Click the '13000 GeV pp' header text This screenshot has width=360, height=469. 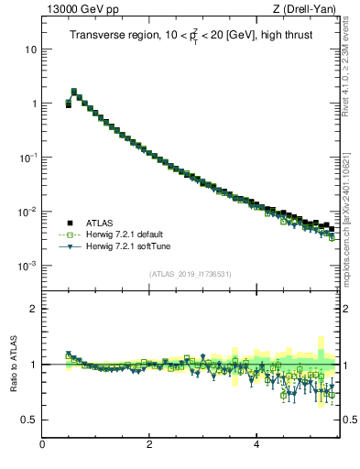coord(78,10)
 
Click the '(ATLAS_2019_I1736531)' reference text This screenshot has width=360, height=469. coord(191,274)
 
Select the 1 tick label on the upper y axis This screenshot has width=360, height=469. coord(34,104)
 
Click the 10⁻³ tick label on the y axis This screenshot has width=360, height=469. coord(28,266)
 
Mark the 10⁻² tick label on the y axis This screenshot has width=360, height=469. coord(28,212)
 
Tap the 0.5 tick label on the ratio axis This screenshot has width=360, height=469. coord(29,420)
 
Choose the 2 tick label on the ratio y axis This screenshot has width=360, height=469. coord(34,309)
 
